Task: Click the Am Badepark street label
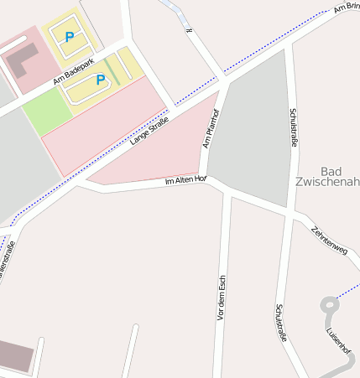point(70,77)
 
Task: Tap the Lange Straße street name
point(150,130)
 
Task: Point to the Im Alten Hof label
point(185,180)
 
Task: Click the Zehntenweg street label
point(328,240)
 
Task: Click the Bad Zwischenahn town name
point(328,176)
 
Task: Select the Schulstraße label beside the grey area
point(293,127)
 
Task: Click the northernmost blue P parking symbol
point(69,36)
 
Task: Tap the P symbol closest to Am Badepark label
point(101,80)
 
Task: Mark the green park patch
point(46,110)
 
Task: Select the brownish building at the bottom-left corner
point(15,356)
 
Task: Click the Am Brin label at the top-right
point(346,8)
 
